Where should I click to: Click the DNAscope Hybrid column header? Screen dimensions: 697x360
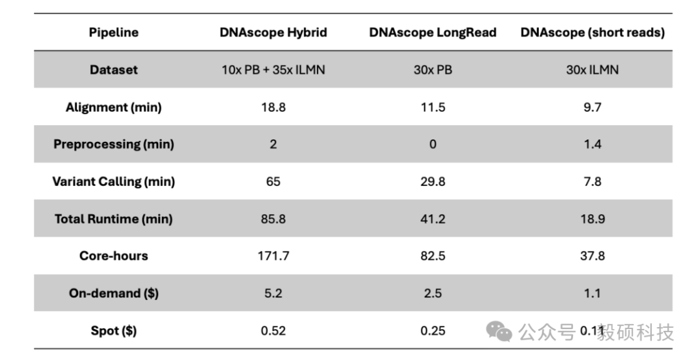click(273, 32)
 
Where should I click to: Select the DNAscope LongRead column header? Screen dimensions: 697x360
click(432, 32)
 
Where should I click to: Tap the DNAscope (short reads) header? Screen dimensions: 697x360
click(592, 32)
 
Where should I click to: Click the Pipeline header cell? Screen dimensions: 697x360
click(114, 32)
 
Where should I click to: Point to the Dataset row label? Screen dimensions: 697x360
click(114, 70)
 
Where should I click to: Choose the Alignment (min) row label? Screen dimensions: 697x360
click(114, 107)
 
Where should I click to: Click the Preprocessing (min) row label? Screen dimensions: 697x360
click(114, 144)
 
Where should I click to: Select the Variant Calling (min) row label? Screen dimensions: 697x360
click(114, 181)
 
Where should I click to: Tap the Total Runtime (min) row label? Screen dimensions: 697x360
click(114, 219)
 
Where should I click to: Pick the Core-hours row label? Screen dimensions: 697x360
click(114, 255)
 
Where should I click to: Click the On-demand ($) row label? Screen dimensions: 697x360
click(114, 293)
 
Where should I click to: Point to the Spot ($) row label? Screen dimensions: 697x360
click(114, 330)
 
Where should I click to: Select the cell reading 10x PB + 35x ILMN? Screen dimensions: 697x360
click(273, 70)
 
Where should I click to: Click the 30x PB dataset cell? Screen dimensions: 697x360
click(432, 70)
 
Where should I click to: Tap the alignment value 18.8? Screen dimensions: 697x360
click(273, 107)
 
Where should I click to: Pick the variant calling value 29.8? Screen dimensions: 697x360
click(432, 181)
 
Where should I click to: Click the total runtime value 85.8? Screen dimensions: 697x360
click(273, 219)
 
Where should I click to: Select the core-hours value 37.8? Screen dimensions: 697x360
click(592, 255)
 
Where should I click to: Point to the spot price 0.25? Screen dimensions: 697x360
click(432, 330)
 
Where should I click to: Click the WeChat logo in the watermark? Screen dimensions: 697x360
click(499, 331)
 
